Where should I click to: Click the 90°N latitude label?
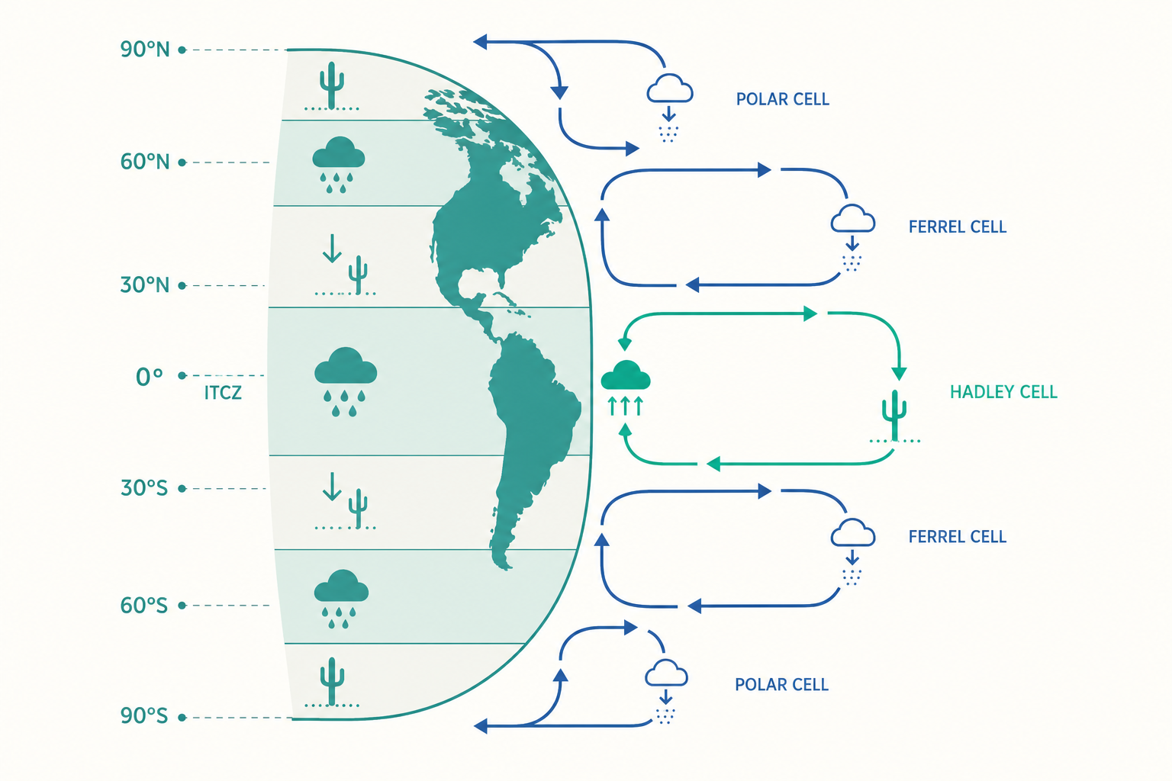coord(145,50)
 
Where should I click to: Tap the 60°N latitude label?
coord(145,162)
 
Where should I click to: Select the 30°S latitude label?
coord(144,488)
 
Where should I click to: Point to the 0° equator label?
coord(149,377)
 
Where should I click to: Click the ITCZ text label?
coord(223,393)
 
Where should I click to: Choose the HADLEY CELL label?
coord(1003,392)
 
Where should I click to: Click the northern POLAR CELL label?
coord(783,99)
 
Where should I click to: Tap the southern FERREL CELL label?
coord(958,537)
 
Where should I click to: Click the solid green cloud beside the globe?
coord(626,375)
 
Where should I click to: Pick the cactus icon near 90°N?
coord(332,85)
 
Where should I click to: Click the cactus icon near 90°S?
coord(332,681)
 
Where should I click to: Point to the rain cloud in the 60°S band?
coord(341,599)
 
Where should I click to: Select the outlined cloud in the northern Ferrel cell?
coord(853,219)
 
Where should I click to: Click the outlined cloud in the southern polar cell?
coord(666,673)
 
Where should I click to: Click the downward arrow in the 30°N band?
coord(332,249)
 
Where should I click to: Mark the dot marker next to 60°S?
coord(182,606)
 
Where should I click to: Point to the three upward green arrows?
coord(625,406)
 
